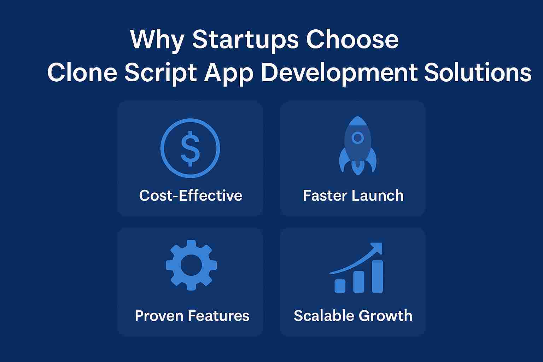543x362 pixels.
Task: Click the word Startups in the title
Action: (245, 40)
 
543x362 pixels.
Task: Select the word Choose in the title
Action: (352, 39)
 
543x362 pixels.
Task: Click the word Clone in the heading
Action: (82, 72)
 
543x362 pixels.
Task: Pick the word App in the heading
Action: (228, 74)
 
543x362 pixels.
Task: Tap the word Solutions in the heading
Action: (478, 72)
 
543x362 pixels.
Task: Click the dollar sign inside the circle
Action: (190, 148)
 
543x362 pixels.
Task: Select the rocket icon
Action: (358, 146)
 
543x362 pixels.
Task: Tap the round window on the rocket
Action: (357, 138)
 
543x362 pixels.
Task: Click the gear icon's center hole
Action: (191, 265)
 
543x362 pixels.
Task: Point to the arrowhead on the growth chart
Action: (377, 248)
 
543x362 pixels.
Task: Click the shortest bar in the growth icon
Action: (340, 286)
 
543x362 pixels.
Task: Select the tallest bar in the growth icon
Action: (378, 276)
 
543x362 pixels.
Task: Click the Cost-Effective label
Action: (191, 195)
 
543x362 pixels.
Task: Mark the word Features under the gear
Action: (219, 316)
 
